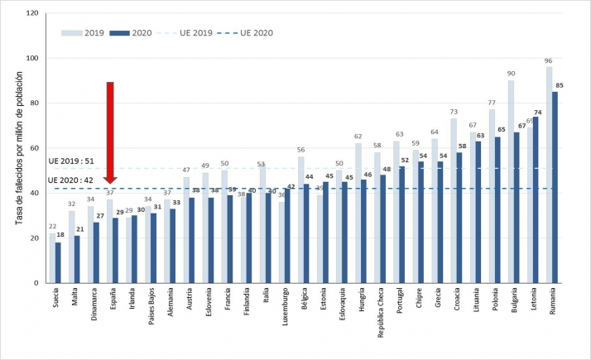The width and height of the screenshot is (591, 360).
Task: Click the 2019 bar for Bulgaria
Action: tap(512, 182)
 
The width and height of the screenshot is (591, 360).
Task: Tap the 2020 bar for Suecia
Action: tap(58, 263)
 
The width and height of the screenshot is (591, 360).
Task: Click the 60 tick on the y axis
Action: tap(33, 149)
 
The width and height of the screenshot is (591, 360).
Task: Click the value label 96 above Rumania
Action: tap(548, 61)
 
